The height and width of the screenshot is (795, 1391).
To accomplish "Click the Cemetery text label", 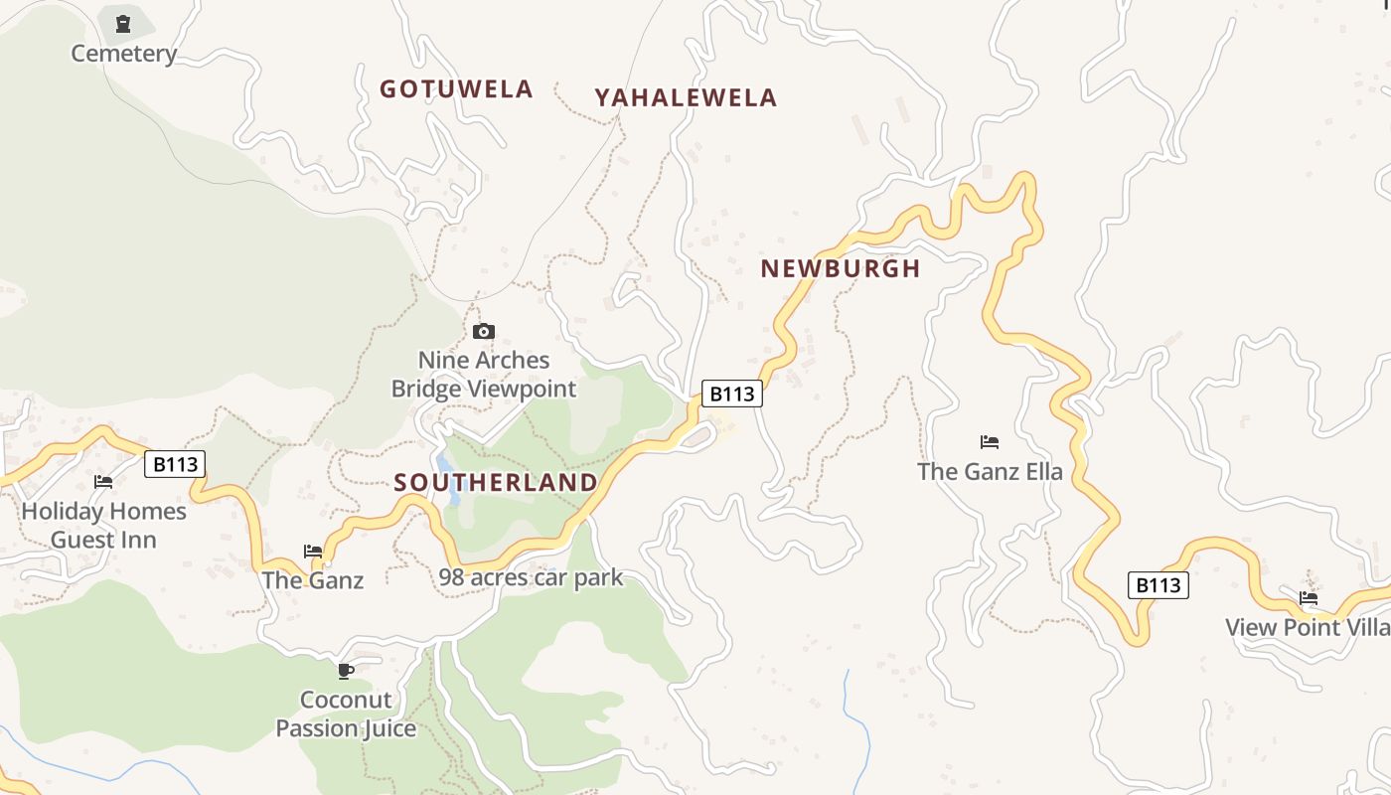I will pyautogui.click(x=123, y=54).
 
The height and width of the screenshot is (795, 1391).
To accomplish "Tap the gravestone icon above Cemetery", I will pyautogui.click(x=123, y=24).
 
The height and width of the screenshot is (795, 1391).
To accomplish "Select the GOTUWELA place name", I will pyautogui.click(x=456, y=89).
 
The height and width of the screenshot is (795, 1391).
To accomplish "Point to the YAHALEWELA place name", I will pyautogui.click(x=686, y=97).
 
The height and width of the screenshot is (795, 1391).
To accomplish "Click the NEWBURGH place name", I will pyautogui.click(x=841, y=268).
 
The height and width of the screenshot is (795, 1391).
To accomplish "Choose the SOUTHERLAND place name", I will pyautogui.click(x=496, y=483).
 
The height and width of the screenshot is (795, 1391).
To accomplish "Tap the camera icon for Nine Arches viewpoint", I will pyautogui.click(x=484, y=331).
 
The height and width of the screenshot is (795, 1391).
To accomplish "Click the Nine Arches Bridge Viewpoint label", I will pyautogui.click(x=484, y=374).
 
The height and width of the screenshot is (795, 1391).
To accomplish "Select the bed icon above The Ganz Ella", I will pyautogui.click(x=989, y=442).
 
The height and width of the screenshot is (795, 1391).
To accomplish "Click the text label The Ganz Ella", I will pyautogui.click(x=990, y=471).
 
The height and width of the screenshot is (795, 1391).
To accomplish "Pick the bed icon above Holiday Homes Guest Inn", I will pyautogui.click(x=103, y=482).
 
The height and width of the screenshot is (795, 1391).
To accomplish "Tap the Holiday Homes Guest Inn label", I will pyautogui.click(x=103, y=525).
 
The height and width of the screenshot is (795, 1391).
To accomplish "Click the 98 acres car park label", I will pyautogui.click(x=531, y=577).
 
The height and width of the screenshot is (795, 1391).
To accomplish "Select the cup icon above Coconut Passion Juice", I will pyautogui.click(x=346, y=672).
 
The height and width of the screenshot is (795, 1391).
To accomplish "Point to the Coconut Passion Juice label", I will pyautogui.click(x=346, y=714).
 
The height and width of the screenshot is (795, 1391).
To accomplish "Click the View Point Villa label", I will pyautogui.click(x=1307, y=627).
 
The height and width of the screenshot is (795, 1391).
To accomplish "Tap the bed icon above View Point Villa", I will pyautogui.click(x=1309, y=598).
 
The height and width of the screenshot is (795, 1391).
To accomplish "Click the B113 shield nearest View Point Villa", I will pyautogui.click(x=1158, y=585).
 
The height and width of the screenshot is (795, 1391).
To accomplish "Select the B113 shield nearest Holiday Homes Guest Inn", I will pyautogui.click(x=175, y=464).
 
